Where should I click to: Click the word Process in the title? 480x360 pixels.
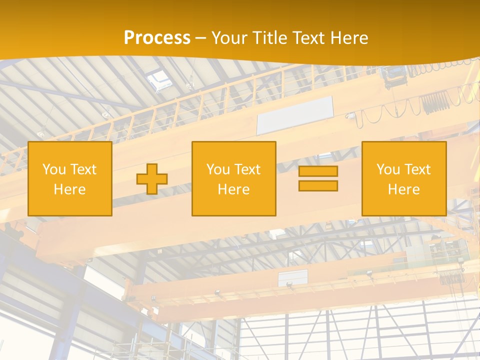click(157, 38)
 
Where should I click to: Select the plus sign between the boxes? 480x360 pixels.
click(152, 179)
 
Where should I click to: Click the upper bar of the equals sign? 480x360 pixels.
click(318, 171)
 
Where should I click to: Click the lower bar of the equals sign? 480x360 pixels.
click(318, 185)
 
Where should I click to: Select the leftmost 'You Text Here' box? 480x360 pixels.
click(70, 178)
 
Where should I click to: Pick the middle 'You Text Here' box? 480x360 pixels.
click(233, 178)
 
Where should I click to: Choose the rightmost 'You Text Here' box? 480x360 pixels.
click(403, 178)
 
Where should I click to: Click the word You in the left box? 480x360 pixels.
click(54, 169)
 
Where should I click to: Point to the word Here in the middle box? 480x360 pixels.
click(233, 189)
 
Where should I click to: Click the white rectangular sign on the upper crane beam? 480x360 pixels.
click(294, 115)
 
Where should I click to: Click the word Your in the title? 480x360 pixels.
click(229, 38)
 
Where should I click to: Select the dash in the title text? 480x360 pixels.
click(200, 38)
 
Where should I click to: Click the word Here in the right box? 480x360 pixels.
click(403, 189)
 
